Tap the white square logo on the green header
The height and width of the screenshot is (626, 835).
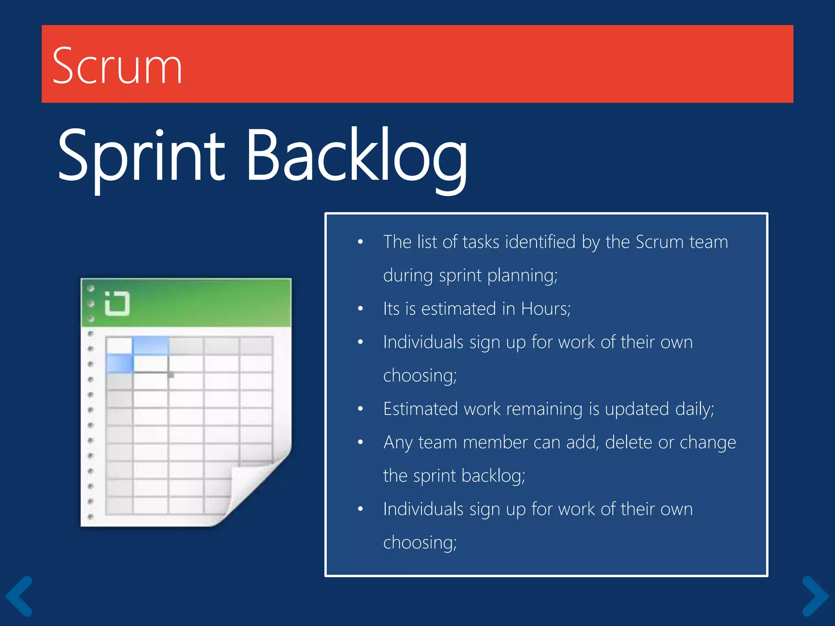[x=117, y=304]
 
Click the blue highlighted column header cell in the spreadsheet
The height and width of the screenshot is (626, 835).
[x=150, y=346]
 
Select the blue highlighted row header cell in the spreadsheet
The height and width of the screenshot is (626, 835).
[x=119, y=364]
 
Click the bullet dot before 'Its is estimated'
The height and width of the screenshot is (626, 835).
[x=360, y=309]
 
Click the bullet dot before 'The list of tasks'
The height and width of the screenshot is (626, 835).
[x=360, y=242]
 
